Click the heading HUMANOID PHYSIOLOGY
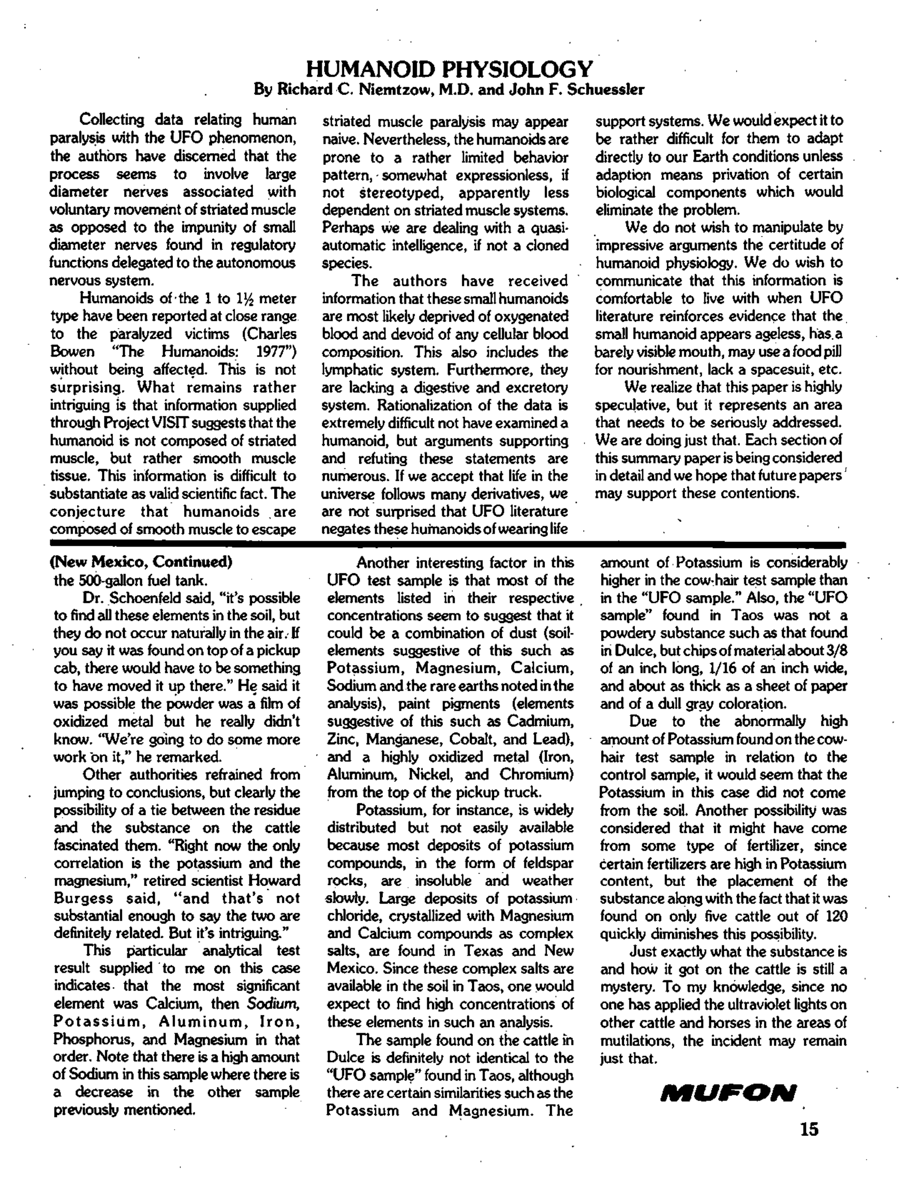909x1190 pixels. (x=449, y=69)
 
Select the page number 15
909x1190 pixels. (x=809, y=1130)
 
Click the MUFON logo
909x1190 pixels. (x=728, y=1093)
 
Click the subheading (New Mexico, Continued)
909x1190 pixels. (x=141, y=562)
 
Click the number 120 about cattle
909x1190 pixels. (x=836, y=916)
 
